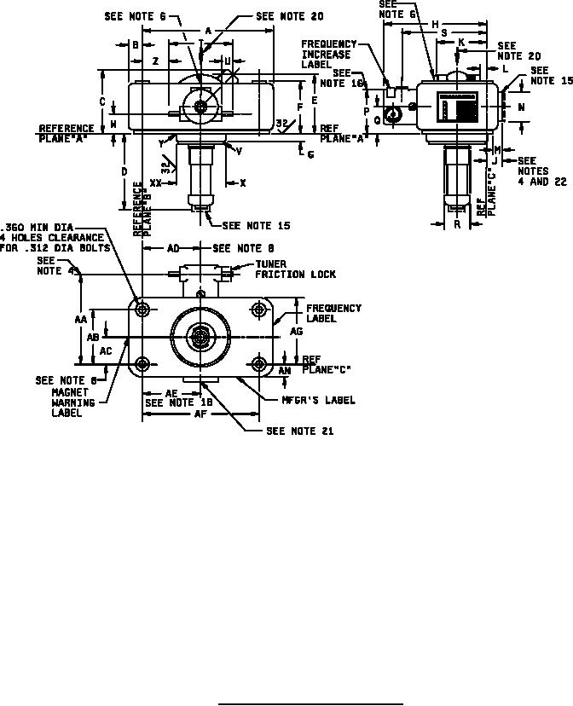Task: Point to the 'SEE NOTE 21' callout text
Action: (299, 431)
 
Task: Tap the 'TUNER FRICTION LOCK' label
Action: (295, 269)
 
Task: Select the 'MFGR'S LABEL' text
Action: (320, 400)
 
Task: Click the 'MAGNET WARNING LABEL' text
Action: (70, 402)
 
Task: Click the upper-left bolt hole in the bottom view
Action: (142, 307)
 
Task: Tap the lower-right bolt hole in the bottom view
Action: (258, 366)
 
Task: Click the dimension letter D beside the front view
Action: (124, 172)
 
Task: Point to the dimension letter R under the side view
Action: (457, 225)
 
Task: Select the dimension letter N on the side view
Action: (520, 107)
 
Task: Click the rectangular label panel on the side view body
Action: (459, 110)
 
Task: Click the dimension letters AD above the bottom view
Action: (173, 248)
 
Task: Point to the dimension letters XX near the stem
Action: (156, 182)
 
